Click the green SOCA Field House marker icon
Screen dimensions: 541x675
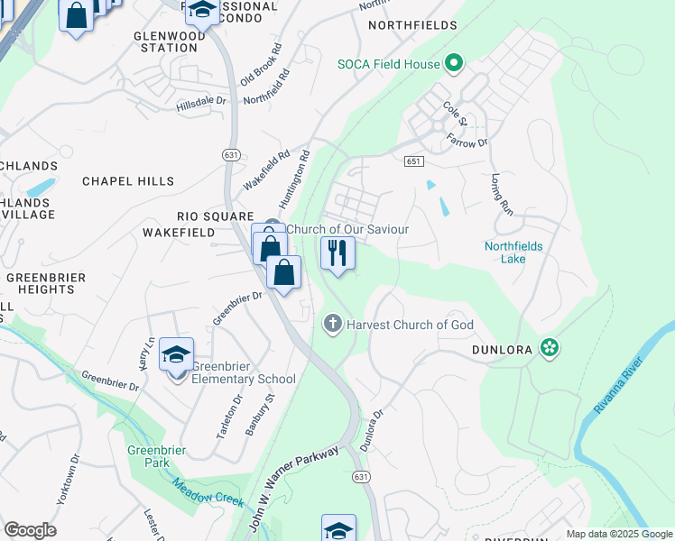point(455,64)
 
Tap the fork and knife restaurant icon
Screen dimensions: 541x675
point(337,253)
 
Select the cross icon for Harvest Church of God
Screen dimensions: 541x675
point(333,324)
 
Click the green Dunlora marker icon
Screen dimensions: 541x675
point(548,347)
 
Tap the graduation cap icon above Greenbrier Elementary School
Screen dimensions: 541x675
point(176,355)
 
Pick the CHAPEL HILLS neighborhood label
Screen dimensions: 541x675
point(128,181)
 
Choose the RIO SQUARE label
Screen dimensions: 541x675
point(215,216)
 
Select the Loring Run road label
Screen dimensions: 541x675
point(502,194)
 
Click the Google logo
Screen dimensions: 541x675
point(30,530)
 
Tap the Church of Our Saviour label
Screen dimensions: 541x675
point(347,229)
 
